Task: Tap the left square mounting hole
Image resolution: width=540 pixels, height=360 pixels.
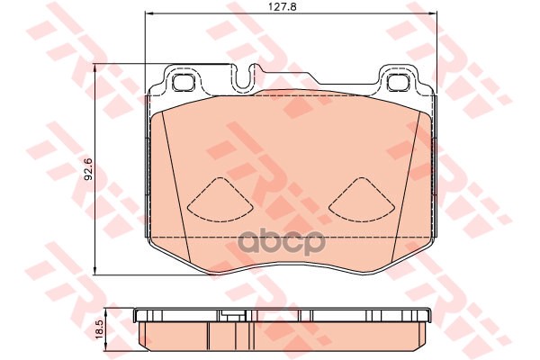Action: tap(183, 82)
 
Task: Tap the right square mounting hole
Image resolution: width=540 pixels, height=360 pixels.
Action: tap(399, 82)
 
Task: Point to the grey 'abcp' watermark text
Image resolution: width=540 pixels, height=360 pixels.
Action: tap(282, 241)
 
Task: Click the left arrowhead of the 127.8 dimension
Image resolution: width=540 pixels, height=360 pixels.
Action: tap(148, 13)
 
